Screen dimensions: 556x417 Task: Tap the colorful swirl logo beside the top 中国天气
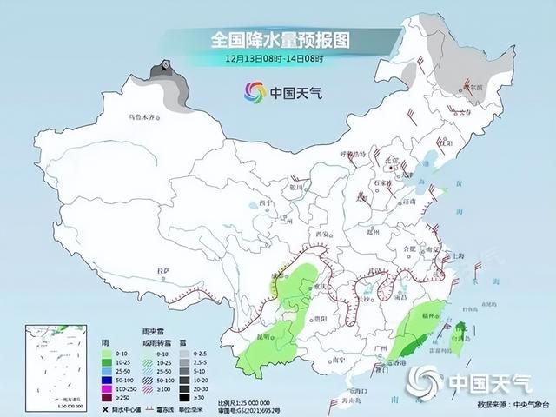[x=254, y=92]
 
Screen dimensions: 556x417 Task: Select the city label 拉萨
[x=162, y=272]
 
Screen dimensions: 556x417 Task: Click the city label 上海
[x=460, y=256]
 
